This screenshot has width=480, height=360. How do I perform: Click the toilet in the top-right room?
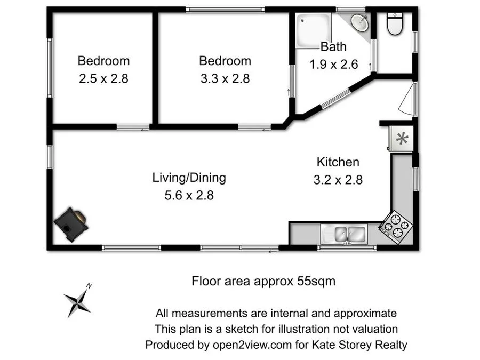coord(395,25)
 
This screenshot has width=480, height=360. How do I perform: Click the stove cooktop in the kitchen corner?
coord(395,226)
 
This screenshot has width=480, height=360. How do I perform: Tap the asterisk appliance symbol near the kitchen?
coord(402,139)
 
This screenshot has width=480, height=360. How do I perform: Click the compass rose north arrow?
coord(77,301)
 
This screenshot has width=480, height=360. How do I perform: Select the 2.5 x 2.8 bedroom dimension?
coord(103,78)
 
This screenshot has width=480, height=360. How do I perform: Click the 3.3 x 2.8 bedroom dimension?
coord(225,78)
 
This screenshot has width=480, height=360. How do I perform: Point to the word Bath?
coord(333,47)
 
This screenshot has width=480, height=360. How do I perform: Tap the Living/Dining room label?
coord(189,177)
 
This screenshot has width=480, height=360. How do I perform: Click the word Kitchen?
coord(338,162)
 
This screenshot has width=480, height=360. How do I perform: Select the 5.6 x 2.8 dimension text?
coord(189,195)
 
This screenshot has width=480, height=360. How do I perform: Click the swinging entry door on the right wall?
coord(408,99)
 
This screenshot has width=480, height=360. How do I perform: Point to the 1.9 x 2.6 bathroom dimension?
coord(333,65)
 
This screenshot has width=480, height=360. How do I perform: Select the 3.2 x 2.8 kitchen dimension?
coord(338,180)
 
